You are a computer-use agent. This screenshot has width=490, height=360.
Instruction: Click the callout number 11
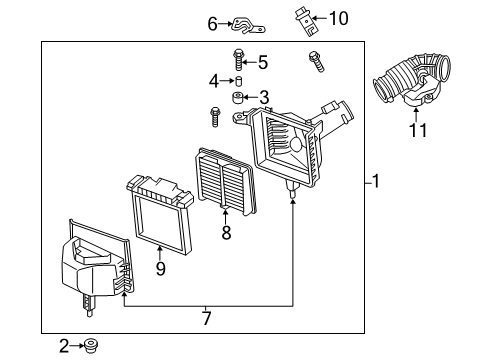(418, 130)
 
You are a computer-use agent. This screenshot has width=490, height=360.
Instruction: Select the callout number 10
(339, 18)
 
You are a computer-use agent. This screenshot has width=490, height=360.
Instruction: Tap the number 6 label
(213, 24)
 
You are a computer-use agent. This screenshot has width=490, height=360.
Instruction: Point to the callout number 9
(161, 268)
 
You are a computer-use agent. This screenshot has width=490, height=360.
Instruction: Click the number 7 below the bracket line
(207, 318)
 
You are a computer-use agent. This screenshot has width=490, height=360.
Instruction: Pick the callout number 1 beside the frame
(376, 181)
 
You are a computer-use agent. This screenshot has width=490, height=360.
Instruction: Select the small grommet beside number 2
(90, 346)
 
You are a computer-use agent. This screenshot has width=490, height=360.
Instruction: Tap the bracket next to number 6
(248, 26)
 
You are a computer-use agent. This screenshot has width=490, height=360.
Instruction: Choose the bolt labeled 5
(238, 60)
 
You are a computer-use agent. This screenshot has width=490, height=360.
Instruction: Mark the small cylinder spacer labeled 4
(239, 81)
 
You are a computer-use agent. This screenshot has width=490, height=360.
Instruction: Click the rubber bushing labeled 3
(237, 98)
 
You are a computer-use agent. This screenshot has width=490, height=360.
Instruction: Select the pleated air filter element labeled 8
(226, 181)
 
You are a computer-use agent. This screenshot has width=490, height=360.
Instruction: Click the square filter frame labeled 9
(160, 214)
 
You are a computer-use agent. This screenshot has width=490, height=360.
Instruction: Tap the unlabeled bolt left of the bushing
(215, 117)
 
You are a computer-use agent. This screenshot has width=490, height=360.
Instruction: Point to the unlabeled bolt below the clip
(316, 61)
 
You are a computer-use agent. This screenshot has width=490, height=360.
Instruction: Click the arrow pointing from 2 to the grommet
(77, 346)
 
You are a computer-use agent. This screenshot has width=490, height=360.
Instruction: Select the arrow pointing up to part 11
(416, 115)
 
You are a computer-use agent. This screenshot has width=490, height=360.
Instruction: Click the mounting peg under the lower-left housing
(89, 306)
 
